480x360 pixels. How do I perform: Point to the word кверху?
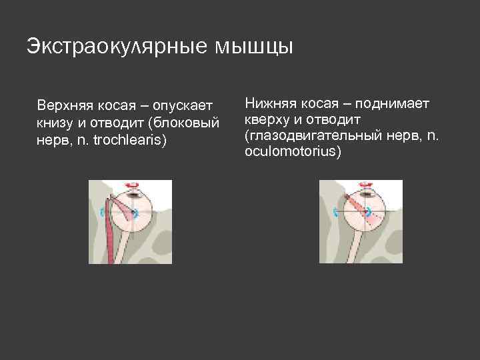[266, 119]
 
